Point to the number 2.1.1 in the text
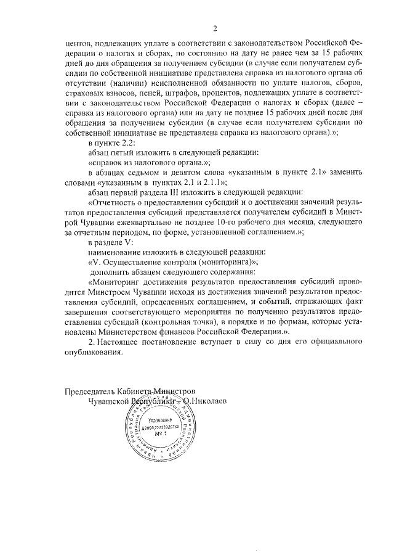tap(214, 183)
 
